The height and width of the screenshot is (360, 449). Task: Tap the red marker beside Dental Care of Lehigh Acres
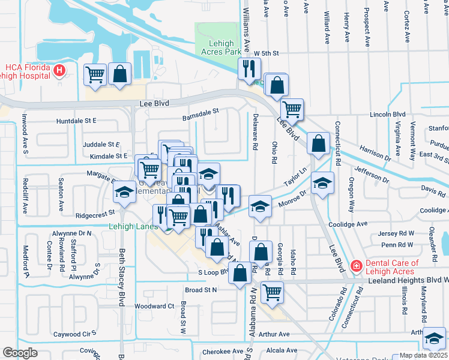(357, 265)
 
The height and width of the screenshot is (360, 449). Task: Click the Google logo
(20, 352)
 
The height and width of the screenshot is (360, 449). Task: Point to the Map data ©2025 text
(423, 355)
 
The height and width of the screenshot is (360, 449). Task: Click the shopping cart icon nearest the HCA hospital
(95, 74)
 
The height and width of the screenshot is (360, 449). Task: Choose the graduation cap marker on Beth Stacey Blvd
(124, 191)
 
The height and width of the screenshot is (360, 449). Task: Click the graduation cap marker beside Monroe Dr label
(259, 206)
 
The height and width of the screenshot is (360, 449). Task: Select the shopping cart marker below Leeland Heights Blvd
(272, 292)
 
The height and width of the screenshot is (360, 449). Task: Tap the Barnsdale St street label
(201, 112)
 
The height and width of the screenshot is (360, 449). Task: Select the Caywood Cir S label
(75, 334)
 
